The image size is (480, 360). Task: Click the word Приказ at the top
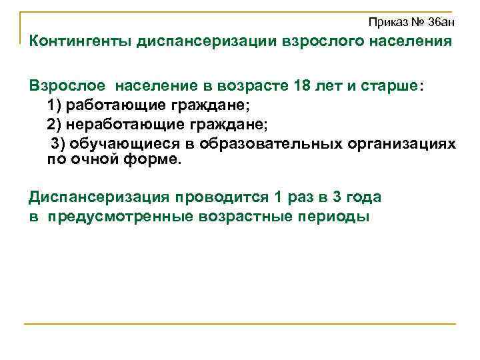click(x=387, y=22)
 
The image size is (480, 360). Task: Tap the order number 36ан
click(x=441, y=22)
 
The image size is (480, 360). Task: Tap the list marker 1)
click(x=56, y=105)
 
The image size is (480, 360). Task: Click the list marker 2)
click(x=56, y=124)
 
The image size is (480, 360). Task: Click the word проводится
click(x=220, y=197)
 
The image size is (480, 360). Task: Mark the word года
click(x=359, y=197)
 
